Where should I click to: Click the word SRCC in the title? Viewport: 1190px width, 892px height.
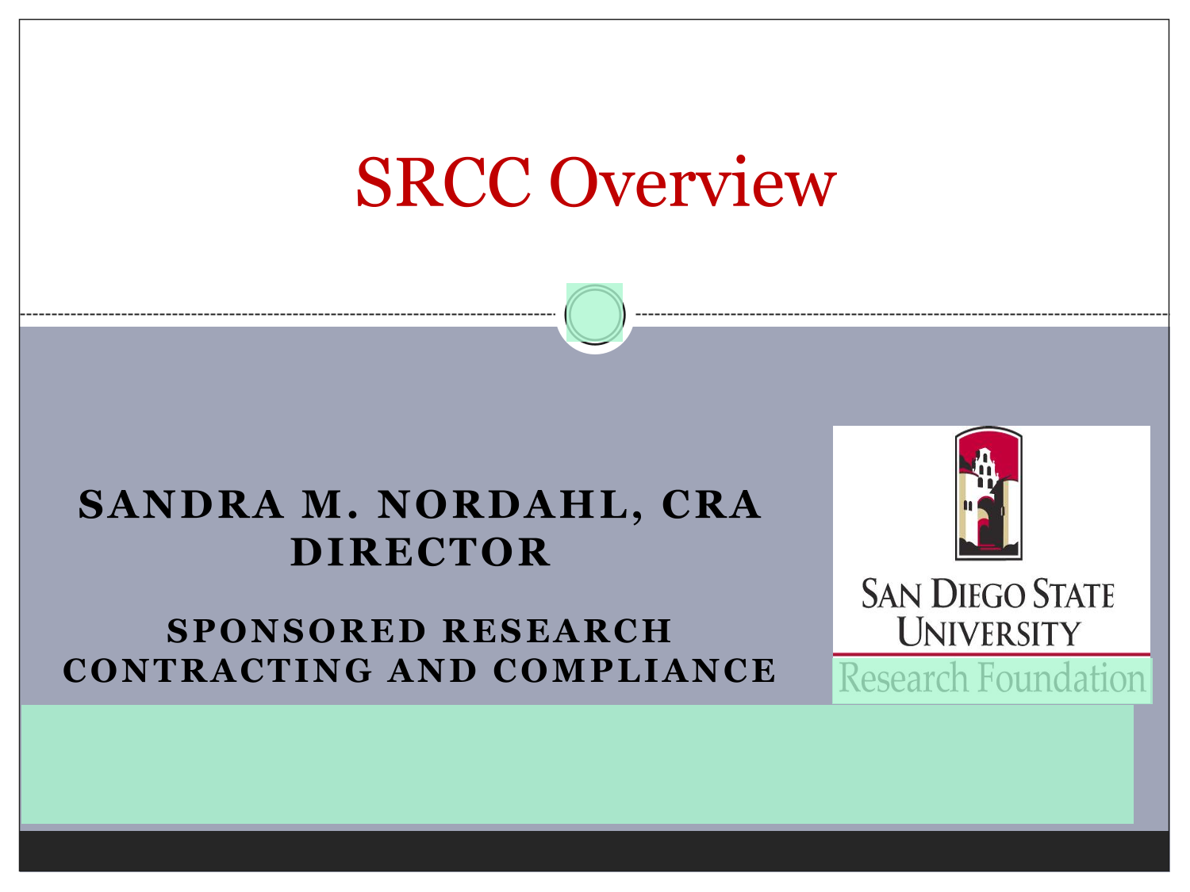click(x=443, y=182)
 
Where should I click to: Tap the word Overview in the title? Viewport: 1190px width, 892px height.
click(x=693, y=182)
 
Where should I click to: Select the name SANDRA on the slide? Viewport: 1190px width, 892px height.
click(x=181, y=505)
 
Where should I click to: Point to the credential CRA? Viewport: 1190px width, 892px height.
click(x=712, y=505)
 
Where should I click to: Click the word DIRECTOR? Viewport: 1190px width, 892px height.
click(x=420, y=553)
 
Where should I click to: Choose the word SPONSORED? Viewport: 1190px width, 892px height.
click(x=297, y=631)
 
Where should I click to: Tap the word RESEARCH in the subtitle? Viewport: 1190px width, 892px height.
click(x=558, y=631)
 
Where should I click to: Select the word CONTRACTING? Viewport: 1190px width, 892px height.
click(x=217, y=671)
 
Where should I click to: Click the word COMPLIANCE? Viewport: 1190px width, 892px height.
click(x=635, y=671)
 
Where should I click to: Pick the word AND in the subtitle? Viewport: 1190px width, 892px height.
click(x=432, y=671)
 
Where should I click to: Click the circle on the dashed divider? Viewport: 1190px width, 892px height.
click(x=595, y=314)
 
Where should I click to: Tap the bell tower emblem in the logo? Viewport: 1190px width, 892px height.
click(x=988, y=493)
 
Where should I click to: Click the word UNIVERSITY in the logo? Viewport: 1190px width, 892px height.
click(x=988, y=631)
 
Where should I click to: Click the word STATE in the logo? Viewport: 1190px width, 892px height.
click(x=1073, y=594)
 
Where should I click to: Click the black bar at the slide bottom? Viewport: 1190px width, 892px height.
click(x=594, y=851)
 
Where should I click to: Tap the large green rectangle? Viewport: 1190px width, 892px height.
click(x=577, y=764)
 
